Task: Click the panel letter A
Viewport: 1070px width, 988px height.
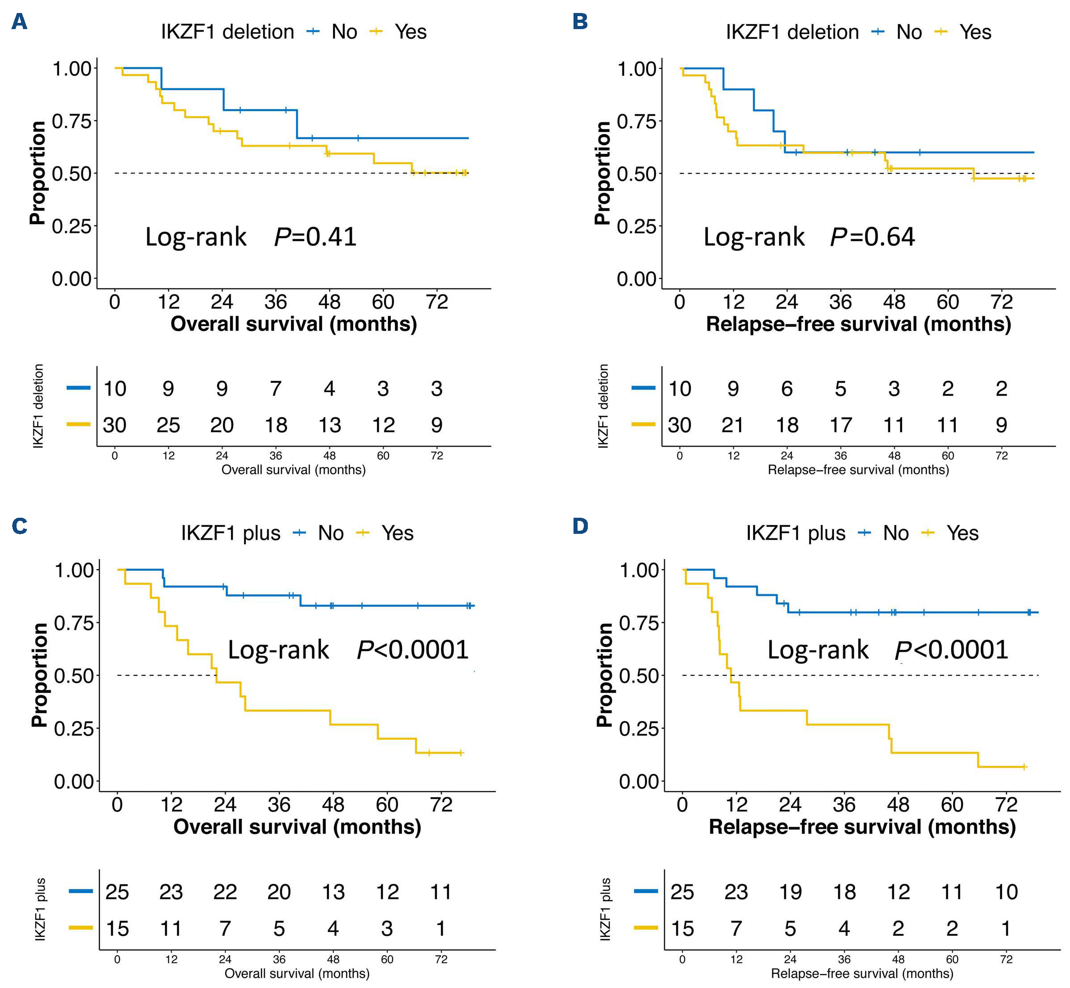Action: pyautogui.click(x=19, y=22)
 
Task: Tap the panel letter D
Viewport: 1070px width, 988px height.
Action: pyautogui.click(x=580, y=526)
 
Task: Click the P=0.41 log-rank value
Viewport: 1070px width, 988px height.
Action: pyautogui.click(x=315, y=237)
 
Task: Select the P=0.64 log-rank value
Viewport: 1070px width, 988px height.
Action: pyautogui.click(x=873, y=237)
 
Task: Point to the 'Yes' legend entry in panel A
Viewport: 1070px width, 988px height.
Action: pyautogui.click(x=410, y=32)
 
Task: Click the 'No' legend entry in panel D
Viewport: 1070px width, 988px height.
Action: pyautogui.click(x=895, y=533)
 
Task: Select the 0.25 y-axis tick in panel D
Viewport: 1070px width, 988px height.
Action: pyautogui.click(x=639, y=728)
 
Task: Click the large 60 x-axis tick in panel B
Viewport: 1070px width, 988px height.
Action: pyautogui.click(x=948, y=302)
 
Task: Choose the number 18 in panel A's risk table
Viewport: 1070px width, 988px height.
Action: pyautogui.click(x=276, y=425)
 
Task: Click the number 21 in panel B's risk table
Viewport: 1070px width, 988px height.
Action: pyautogui.click(x=733, y=425)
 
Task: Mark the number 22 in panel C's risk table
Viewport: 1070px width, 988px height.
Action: pyautogui.click(x=225, y=892)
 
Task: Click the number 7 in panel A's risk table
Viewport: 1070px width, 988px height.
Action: pyautogui.click(x=276, y=389)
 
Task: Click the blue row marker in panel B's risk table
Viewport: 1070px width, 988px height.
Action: pyautogui.click(x=643, y=387)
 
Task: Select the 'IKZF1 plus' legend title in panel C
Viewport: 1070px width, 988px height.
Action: pyautogui.click(x=231, y=533)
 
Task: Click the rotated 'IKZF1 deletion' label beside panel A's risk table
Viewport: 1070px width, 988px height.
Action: pyautogui.click(x=39, y=406)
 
